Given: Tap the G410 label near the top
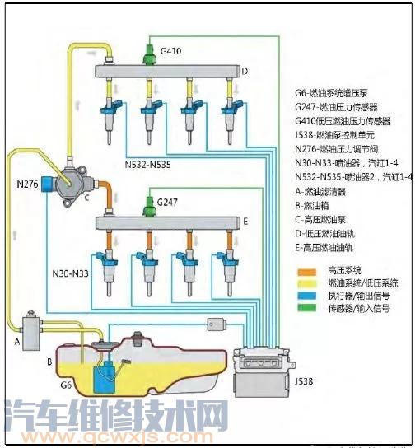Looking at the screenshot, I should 171,51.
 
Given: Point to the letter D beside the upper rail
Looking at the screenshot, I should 244,71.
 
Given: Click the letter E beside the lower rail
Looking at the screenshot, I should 245,221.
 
